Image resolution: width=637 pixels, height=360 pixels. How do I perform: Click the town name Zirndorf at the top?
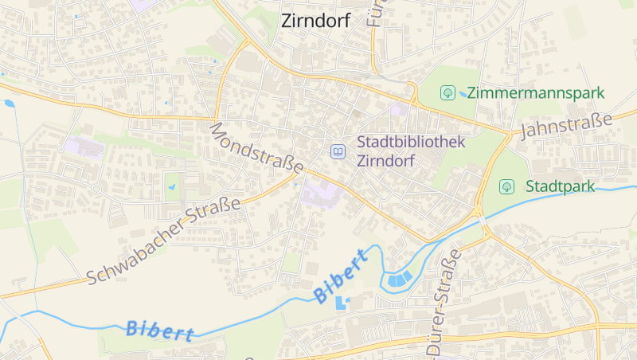[315, 22]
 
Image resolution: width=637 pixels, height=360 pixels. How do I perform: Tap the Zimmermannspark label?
[536, 93]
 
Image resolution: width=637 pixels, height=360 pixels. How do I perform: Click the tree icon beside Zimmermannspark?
[447, 93]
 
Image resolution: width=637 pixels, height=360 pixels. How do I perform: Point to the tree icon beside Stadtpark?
[505, 187]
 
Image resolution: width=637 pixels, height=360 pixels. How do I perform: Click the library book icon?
[338, 151]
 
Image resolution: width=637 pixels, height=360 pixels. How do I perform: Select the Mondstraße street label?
[256, 148]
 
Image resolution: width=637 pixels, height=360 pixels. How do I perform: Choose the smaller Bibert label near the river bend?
[341, 276]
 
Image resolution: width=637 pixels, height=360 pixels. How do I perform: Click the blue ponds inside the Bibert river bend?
[400, 279]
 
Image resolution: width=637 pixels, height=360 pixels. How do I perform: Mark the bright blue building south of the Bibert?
[342, 303]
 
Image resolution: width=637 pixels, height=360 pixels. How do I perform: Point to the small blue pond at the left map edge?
[9, 103]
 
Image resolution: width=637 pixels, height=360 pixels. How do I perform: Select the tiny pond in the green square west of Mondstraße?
[171, 188]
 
